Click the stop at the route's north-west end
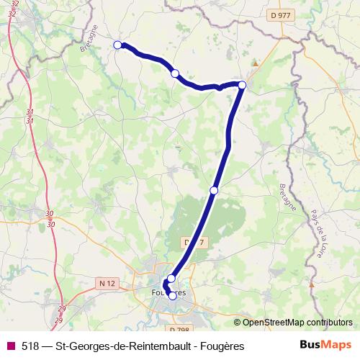118,45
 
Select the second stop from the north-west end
175,73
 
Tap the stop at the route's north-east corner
242,86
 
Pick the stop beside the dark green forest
214,190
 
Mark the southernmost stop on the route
172,295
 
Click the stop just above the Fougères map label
171,279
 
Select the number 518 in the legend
31,346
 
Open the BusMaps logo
325,345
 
